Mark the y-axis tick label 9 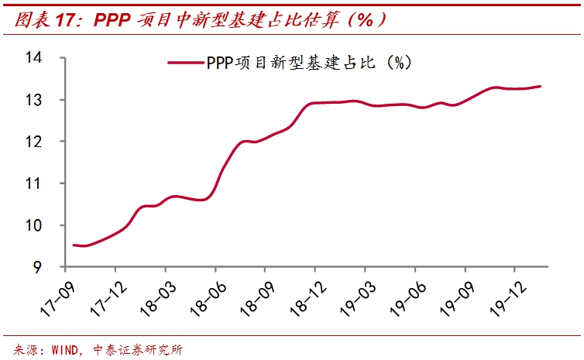[38, 267]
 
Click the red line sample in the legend [186, 63]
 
